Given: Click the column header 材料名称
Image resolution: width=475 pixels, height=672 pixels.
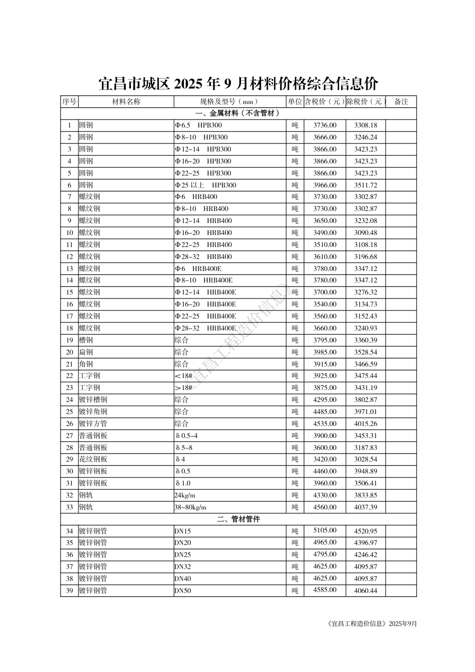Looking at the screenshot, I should tap(126, 101).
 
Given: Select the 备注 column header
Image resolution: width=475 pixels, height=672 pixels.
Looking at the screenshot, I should tap(401, 101).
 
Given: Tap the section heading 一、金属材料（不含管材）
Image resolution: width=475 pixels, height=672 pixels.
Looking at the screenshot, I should tap(238, 113).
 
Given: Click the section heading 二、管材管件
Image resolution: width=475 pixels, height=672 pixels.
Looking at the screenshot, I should tap(238, 519).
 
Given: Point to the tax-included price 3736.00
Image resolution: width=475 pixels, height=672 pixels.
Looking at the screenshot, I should tap(325, 125).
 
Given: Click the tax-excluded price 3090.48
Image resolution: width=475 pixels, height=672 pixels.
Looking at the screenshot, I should tap(365, 232).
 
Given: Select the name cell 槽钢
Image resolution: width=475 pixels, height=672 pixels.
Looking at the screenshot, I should tap(86, 340).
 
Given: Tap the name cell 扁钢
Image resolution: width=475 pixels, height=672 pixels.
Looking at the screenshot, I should tap(86, 352).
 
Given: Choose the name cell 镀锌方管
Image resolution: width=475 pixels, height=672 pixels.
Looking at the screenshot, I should tap(93, 423).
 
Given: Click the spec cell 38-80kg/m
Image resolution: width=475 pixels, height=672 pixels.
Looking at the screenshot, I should tap(190, 507).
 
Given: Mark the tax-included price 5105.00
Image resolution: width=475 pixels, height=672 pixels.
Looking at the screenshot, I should tap(325, 530).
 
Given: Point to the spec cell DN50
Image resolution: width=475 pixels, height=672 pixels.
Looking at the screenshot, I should tap(182, 590).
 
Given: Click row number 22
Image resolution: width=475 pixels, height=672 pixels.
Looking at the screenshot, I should tap(69, 375).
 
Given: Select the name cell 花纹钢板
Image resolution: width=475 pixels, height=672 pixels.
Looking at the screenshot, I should tap(93, 459).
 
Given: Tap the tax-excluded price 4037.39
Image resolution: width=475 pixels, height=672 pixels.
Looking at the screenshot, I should tap(365, 507).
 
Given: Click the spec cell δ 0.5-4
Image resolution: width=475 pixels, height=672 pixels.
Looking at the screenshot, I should tap(186, 435).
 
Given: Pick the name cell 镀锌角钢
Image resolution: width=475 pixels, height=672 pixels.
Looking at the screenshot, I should tap(93, 411).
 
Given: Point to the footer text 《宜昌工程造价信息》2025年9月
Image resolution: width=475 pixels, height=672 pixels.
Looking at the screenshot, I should tap(370, 623).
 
